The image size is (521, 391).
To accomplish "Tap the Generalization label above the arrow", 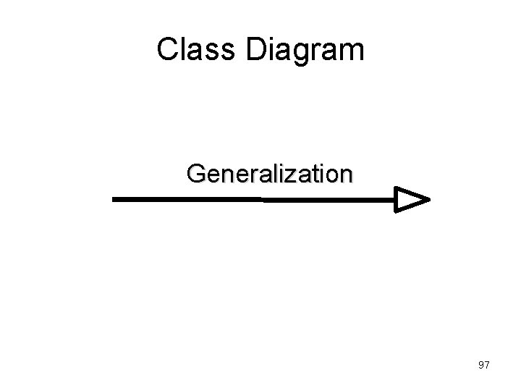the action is [x=269, y=175].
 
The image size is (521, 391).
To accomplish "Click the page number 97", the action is [x=484, y=365].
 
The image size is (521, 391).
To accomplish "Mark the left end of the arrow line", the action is [x=115, y=198].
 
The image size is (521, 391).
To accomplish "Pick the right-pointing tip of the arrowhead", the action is [x=429, y=199].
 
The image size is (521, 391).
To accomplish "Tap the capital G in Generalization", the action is [x=196, y=175].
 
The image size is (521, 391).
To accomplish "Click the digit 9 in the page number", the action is [x=481, y=365].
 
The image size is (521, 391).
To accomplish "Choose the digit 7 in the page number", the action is [x=488, y=365].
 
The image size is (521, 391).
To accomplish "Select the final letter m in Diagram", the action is [x=352, y=52].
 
